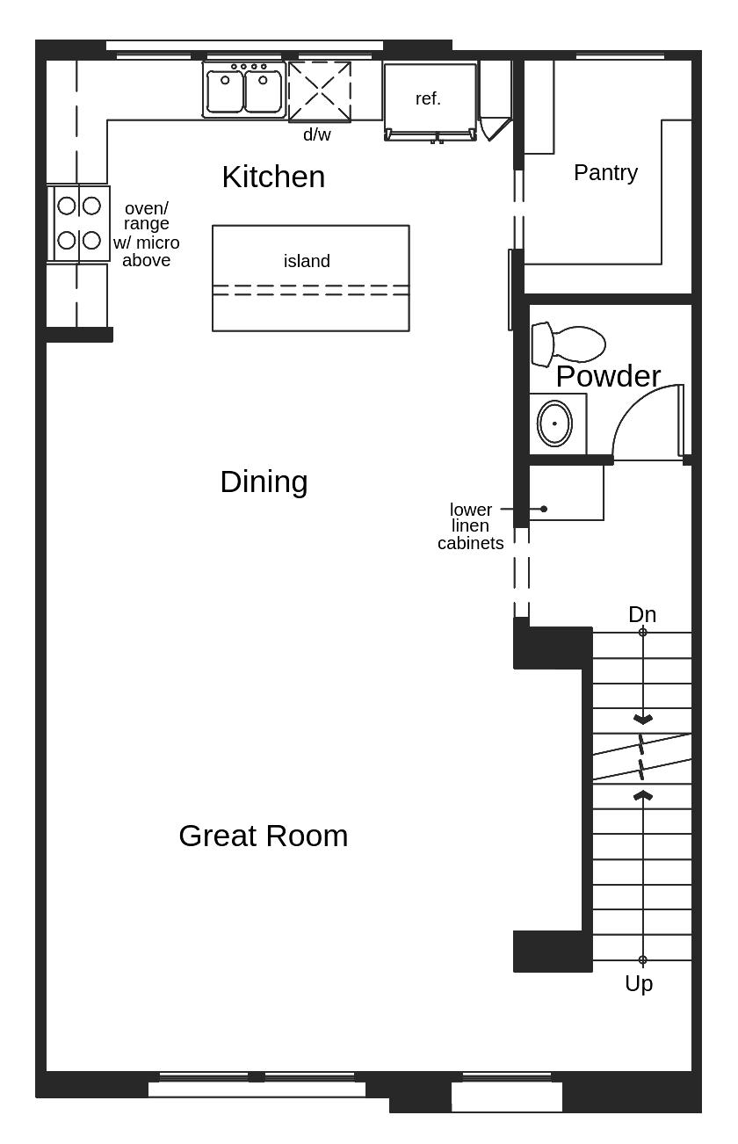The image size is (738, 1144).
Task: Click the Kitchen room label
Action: tap(273, 177)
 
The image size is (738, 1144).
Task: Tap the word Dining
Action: tap(264, 481)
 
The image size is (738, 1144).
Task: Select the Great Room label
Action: tap(263, 836)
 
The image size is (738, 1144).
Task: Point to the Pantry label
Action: tap(605, 172)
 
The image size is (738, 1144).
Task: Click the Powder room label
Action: tap(608, 376)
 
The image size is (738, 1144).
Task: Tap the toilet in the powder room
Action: tap(568, 344)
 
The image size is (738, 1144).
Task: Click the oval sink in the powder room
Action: tap(554, 424)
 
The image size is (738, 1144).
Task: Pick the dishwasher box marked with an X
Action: tap(320, 91)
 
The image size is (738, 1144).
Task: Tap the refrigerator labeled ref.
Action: tap(430, 99)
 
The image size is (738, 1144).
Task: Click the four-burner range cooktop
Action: tap(79, 223)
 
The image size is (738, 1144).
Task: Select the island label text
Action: tap(307, 261)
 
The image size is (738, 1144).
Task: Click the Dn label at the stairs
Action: tap(642, 614)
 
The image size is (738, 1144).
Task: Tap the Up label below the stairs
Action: tap(639, 983)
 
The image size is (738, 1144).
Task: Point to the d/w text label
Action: tap(317, 135)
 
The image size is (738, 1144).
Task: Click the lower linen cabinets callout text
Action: tap(471, 526)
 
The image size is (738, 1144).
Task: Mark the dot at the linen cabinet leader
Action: tap(544, 509)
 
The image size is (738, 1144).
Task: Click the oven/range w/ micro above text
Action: tap(146, 234)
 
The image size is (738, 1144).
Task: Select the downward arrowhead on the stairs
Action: tap(643, 720)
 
